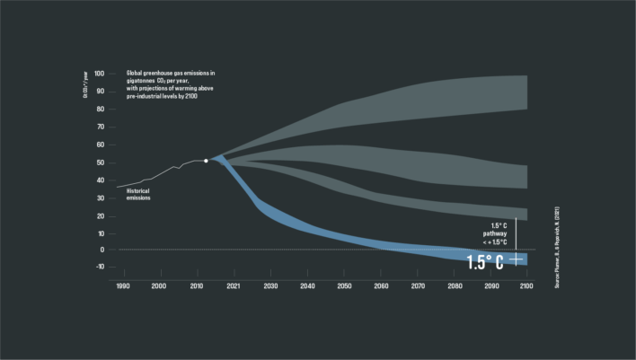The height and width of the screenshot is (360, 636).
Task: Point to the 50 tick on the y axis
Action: pyautogui.click(x=100, y=162)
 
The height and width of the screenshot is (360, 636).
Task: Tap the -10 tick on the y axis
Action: pyautogui.click(x=99, y=267)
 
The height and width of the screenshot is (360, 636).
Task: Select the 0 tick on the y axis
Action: pyautogui.click(x=102, y=250)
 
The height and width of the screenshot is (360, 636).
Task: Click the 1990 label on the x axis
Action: pyautogui.click(x=121, y=285)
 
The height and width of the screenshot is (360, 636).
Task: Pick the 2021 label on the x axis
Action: pyautogui.click(x=233, y=285)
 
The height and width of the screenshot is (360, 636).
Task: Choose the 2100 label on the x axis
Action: pyautogui.click(x=526, y=285)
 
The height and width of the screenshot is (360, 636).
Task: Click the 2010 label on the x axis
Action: pyautogui.click(x=195, y=285)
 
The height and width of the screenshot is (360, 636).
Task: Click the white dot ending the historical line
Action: pyautogui.click(x=206, y=161)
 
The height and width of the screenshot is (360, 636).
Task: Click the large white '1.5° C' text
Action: pyautogui.click(x=485, y=261)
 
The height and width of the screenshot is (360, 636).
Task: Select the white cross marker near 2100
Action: pyautogui.click(x=516, y=259)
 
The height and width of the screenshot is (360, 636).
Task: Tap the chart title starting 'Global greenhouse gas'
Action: pyautogui.click(x=169, y=84)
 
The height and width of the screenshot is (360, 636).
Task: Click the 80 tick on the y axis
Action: pyautogui.click(x=100, y=110)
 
